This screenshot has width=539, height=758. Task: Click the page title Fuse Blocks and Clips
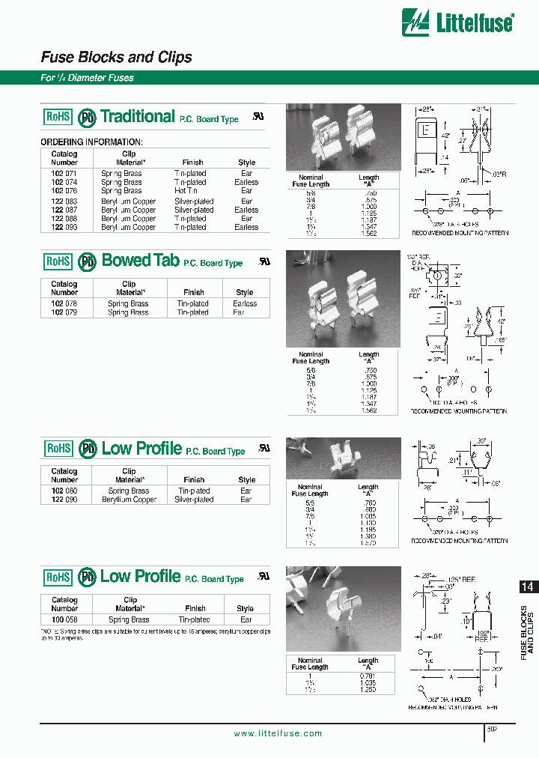pyautogui.click(x=116, y=57)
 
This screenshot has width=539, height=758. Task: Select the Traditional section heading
pyautogui.click(x=137, y=116)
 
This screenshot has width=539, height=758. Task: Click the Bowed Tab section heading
pyautogui.click(x=140, y=261)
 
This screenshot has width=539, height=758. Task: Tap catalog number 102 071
pyautogui.click(x=64, y=173)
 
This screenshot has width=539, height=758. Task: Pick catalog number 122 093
pyautogui.click(x=64, y=227)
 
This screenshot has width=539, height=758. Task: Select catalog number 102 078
pyautogui.click(x=64, y=303)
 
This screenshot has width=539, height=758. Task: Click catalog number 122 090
pyautogui.click(x=64, y=500)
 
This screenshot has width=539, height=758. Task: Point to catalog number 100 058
pyautogui.click(x=64, y=620)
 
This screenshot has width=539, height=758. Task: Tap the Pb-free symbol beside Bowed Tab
pyautogui.click(x=88, y=261)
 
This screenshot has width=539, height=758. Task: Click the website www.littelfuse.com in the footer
pyautogui.click(x=278, y=733)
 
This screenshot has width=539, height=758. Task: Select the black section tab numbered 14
pyautogui.click(x=527, y=588)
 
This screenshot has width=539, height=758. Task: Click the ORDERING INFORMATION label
pyautogui.click(x=91, y=142)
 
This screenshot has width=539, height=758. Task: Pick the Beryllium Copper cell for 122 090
pyautogui.click(x=129, y=500)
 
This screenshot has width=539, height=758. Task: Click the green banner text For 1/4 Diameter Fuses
pyautogui.click(x=87, y=78)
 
